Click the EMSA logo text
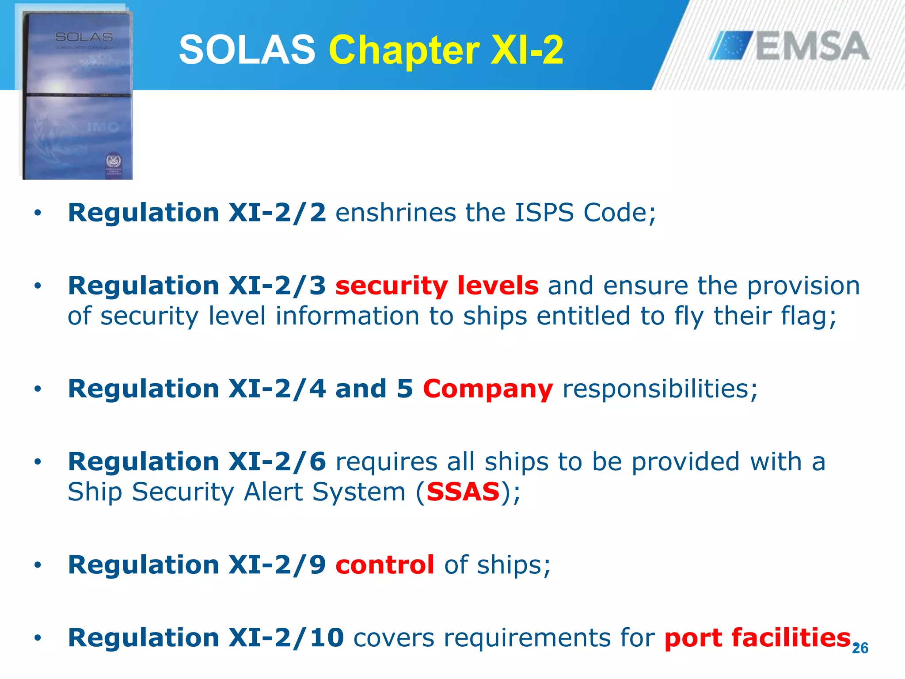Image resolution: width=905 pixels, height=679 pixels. [812, 46]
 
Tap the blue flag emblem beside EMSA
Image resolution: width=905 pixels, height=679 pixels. [731, 45]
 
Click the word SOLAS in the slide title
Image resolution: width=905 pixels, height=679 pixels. [247, 50]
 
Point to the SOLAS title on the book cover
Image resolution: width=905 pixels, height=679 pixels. [84, 37]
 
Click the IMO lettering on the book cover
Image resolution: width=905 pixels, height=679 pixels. [103, 127]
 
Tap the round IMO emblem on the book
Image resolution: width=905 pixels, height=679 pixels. [114, 160]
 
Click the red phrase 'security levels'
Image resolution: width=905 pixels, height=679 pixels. [437, 286]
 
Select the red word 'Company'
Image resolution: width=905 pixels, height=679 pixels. [488, 389]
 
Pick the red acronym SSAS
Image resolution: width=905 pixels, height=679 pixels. [463, 492]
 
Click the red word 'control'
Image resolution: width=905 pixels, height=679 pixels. [384, 565]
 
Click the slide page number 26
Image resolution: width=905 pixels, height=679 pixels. [860, 648]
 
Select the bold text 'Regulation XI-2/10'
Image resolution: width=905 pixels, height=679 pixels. [206, 637]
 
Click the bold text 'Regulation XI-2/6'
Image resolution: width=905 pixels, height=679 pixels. [197, 462]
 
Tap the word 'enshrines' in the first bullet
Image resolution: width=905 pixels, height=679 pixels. [395, 213]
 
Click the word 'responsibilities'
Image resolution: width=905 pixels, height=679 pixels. [660, 389]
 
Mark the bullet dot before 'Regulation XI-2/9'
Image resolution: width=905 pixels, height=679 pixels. [38, 565]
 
